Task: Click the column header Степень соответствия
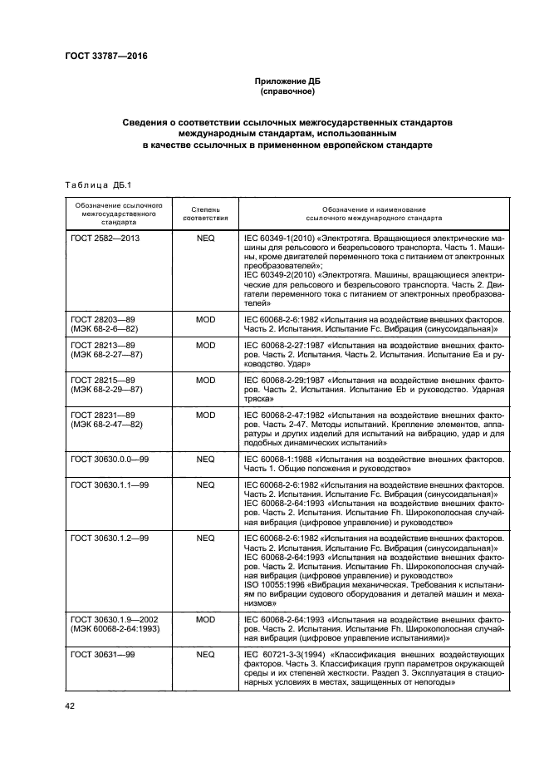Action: tap(205, 214)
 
